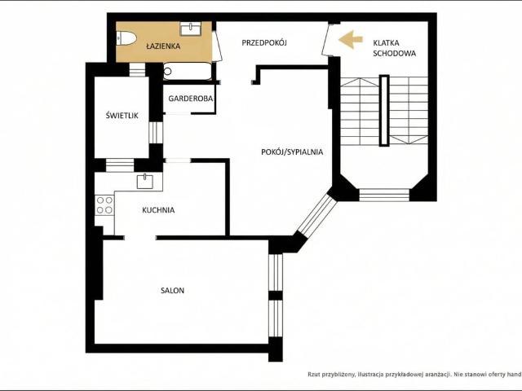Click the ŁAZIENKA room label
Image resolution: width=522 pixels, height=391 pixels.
click(x=163, y=46)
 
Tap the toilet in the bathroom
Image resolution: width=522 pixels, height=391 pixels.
click(x=126, y=38)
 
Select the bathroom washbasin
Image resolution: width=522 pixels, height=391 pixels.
click(x=190, y=29)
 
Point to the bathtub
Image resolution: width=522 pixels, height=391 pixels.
click(x=188, y=71)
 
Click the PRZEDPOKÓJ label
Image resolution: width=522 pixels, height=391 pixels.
click(x=264, y=43)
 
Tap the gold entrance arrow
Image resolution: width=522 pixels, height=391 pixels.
click(x=351, y=40)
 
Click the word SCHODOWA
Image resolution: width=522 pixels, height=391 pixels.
click(x=394, y=54)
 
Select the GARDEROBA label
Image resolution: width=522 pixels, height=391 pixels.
click(x=190, y=99)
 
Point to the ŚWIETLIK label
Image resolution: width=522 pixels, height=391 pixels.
click(x=122, y=116)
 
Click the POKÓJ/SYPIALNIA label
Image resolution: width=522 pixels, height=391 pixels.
click(x=292, y=152)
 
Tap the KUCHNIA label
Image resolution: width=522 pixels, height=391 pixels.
click(x=158, y=210)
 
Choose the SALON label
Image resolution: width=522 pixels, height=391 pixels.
click(x=172, y=291)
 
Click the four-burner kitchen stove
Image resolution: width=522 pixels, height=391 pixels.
click(x=104, y=205)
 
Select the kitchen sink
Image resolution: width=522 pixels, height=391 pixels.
click(x=145, y=182)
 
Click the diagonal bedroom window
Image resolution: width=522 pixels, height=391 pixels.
click(x=317, y=215)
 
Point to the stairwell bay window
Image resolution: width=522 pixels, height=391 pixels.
click(x=384, y=195)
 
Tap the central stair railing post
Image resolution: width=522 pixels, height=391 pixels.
click(x=384, y=111)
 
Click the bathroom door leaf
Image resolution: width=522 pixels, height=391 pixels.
click(x=218, y=46)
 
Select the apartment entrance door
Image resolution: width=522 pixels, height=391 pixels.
click(x=326, y=39)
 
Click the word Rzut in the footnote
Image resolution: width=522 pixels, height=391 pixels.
click(x=314, y=375)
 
